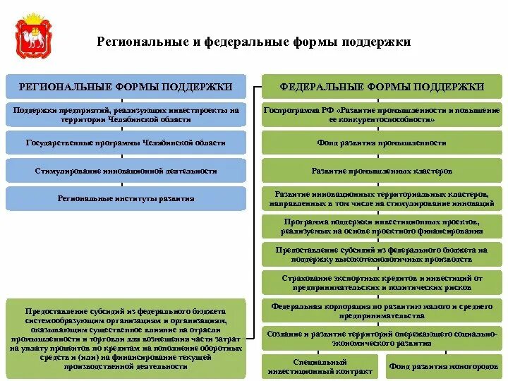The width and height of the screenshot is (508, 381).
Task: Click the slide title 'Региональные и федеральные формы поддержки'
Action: click(x=253, y=42)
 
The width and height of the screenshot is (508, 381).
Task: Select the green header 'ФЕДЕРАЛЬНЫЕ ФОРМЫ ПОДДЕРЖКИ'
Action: click(x=382, y=86)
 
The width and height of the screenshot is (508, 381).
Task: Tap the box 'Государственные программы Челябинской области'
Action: click(x=126, y=143)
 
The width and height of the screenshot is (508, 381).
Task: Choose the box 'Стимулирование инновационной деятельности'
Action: click(x=126, y=171)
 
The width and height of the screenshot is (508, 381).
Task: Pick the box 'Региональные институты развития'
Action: click(x=126, y=199)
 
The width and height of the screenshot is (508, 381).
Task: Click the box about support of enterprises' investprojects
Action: click(x=126, y=115)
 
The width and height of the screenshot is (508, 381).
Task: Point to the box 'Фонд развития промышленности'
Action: click(x=382, y=143)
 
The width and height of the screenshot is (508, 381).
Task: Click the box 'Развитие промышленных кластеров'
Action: click(x=382, y=171)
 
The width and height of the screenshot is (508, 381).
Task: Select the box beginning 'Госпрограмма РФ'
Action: click(x=382, y=115)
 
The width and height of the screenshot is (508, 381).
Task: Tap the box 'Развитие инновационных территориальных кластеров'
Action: click(x=382, y=199)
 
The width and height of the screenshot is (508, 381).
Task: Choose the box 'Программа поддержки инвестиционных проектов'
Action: click(x=382, y=226)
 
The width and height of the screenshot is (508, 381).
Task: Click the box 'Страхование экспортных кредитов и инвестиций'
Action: click(x=382, y=282)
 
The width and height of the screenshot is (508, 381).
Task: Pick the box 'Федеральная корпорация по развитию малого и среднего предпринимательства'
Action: click(x=382, y=311)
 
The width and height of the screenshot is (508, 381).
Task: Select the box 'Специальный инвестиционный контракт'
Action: click(x=322, y=365)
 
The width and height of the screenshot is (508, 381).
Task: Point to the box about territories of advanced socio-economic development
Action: click(x=382, y=339)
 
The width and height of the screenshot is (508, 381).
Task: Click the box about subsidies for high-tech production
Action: click(x=382, y=254)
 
